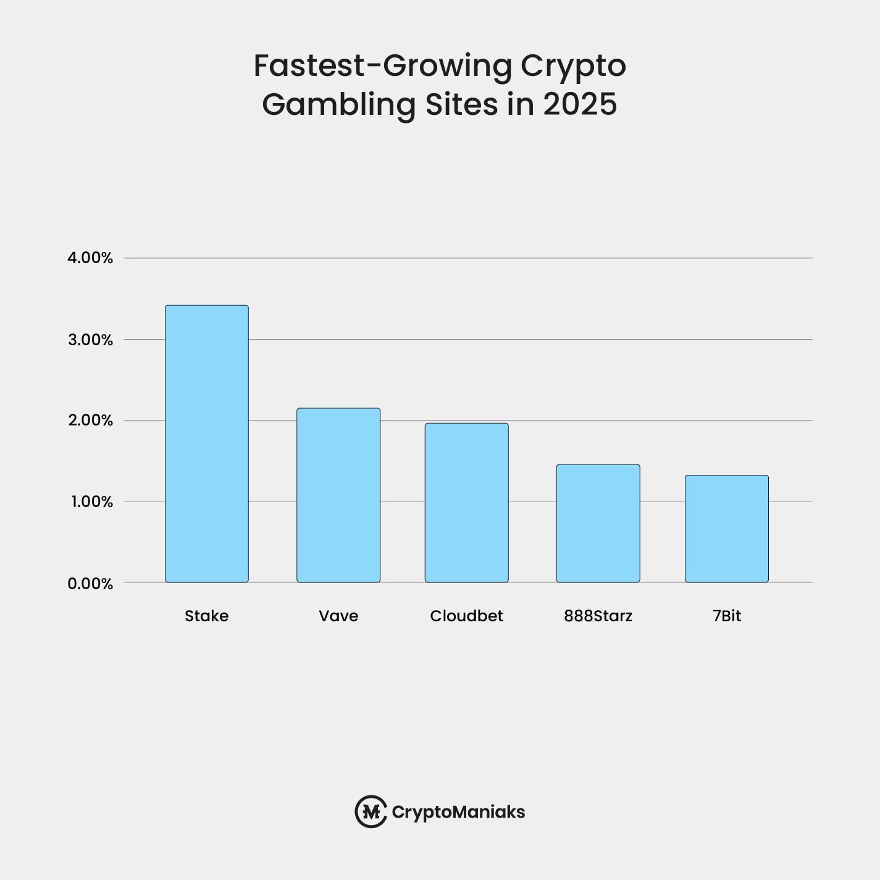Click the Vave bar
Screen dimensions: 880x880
(338, 495)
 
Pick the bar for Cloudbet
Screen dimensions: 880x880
(466, 503)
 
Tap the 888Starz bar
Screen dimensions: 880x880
(598, 523)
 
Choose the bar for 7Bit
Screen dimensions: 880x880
(726, 529)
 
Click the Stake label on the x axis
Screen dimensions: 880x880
(206, 616)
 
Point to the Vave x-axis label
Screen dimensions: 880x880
(338, 616)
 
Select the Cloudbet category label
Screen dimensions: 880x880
(466, 616)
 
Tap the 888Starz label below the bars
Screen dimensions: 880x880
(598, 616)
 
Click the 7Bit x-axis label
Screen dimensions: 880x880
(726, 616)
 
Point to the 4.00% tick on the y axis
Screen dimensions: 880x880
(90, 258)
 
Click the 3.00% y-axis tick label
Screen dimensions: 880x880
(90, 340)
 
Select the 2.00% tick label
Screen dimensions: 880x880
(90, 421)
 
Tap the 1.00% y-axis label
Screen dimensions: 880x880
(91, 501)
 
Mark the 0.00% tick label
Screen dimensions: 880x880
(90, 584)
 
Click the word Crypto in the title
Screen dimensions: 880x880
(572, 67)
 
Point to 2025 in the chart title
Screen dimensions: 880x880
(580, 104)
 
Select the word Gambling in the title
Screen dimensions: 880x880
(338, 105)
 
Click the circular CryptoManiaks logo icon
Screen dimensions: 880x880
(371, 811)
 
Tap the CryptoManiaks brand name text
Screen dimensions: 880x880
(458, 812)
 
